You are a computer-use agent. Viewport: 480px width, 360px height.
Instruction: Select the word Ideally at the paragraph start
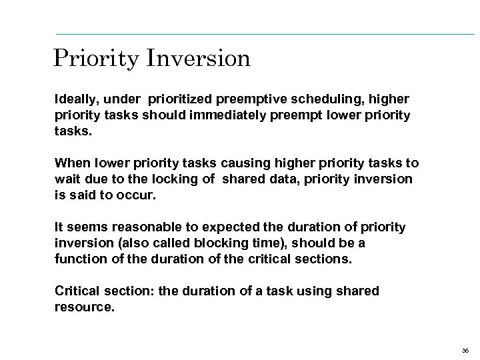click(75, 99)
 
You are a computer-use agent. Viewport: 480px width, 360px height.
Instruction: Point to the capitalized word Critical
click(78, 291)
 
